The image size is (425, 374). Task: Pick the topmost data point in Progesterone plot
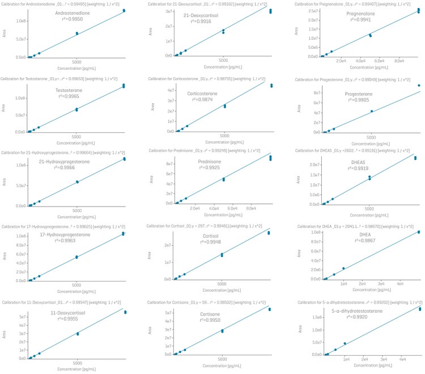419,86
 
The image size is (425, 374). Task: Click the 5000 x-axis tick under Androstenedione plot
76,61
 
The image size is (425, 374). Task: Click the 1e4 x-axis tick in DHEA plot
344,283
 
